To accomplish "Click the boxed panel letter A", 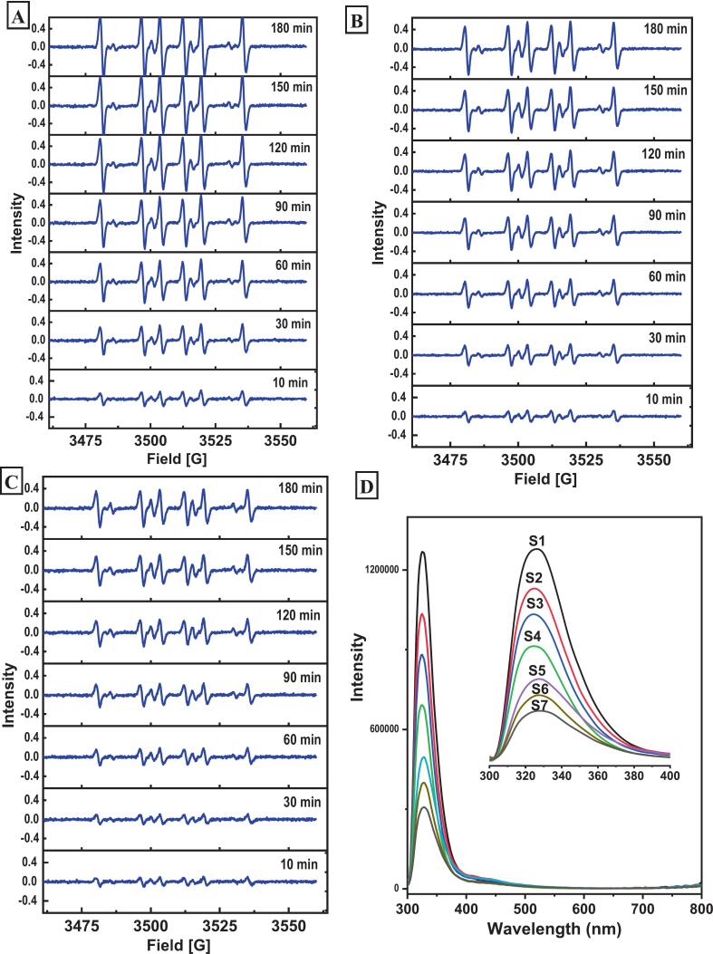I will pos(17,16).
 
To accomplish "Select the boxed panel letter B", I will pos(360,18).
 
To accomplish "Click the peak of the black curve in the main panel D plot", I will pos(422,552).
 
